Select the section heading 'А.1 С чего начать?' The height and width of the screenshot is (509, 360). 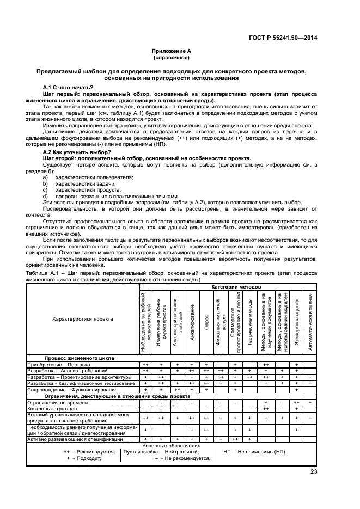[68, 88]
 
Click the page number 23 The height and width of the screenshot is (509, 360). [314, 471]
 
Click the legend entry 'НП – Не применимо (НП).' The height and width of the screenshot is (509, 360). [255, 452]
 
